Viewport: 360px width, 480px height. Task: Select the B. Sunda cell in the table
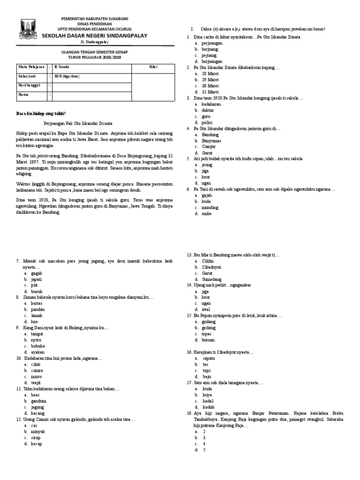tap(62, 67)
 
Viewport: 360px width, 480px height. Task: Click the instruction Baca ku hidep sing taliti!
tap(41, 114)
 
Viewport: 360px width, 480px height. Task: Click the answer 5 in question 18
tap(204, 450)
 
